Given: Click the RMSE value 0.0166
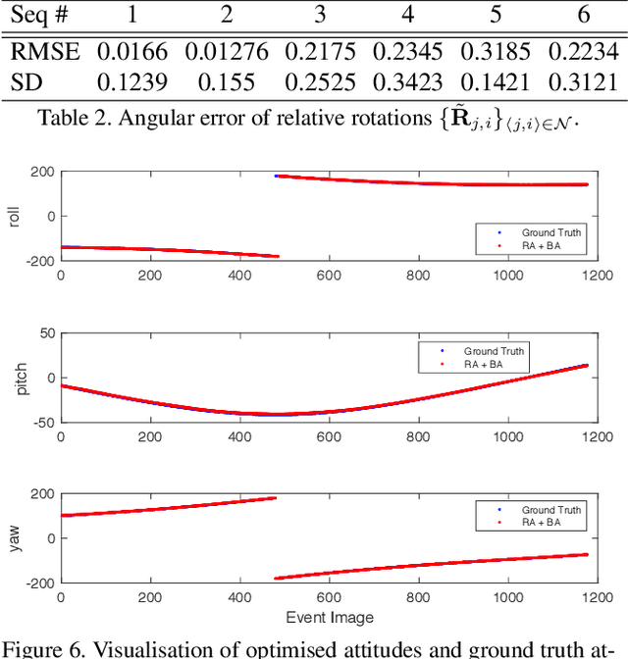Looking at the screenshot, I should click(128, 52).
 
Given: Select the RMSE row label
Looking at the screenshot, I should click(43, 52).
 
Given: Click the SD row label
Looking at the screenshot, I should click(26, 84).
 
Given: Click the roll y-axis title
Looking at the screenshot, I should click(14, 215).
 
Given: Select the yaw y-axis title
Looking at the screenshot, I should click(14, 536).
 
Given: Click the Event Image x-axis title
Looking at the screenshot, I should click(330, 618).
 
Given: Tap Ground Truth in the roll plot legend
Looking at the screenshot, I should click(550, 232).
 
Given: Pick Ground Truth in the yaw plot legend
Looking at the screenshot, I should click(550, 510).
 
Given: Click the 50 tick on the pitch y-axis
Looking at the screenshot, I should click(45, 333).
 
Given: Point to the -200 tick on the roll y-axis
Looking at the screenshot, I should click(39, 261).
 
